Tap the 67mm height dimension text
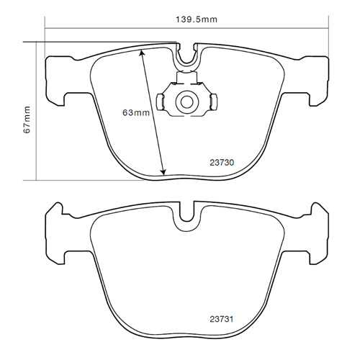(27, 120)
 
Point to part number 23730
(222, 163)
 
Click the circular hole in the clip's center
(187, 101)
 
